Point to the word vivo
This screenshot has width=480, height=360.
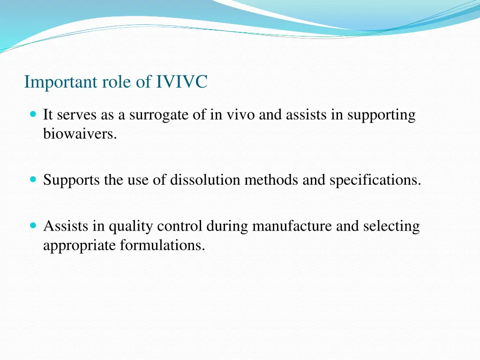[240, 115]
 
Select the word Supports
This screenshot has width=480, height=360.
[72, 180]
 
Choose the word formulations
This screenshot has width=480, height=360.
[163, 245]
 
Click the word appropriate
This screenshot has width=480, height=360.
[80, 245]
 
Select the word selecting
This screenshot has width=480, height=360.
[391, 226]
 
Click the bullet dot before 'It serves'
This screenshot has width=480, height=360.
[32, 114]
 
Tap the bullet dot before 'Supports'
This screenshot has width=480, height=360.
[32, 179]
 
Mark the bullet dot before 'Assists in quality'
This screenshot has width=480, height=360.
[32, 225]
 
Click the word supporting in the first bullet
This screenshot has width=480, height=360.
[381, 115]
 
